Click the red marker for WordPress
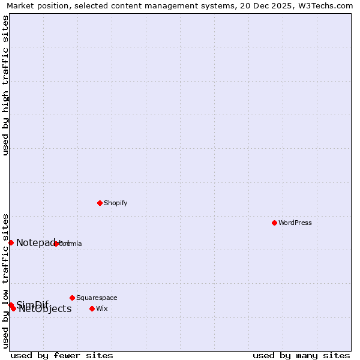274,223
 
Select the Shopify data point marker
100,203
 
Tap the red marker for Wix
92,308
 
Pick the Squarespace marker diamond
72,298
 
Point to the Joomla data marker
56,244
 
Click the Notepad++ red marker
11,242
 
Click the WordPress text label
295,223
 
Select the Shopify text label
116,203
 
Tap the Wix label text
102,308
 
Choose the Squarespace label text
97,298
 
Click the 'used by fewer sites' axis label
62,355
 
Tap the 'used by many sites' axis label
301,355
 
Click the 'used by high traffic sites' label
5,85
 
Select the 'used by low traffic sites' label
5,280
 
